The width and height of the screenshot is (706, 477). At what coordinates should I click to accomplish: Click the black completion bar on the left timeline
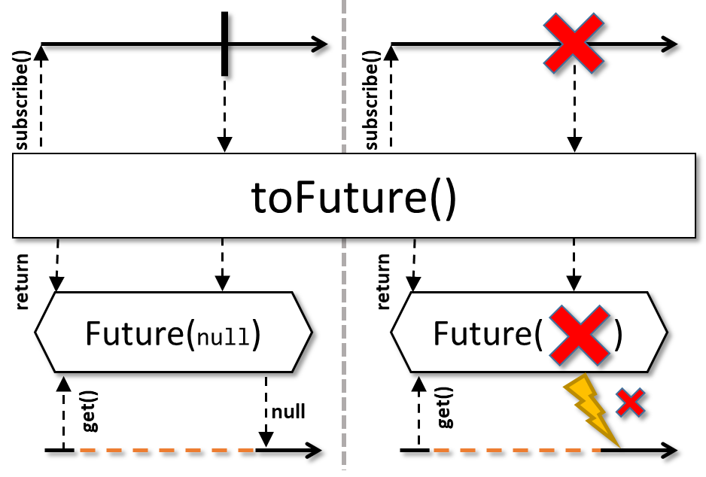tap(224, 44)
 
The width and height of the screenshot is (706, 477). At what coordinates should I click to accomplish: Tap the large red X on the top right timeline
tap(574, 44)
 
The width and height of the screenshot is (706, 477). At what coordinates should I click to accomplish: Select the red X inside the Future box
tap(578, 333)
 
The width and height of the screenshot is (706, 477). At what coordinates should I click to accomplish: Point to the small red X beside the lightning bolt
tap(630, 403)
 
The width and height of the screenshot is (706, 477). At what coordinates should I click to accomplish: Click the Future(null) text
tap(173, 333)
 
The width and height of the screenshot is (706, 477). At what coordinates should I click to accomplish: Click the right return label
tap(384, 281)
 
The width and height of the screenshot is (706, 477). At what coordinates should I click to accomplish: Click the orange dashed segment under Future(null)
tap(166, 451)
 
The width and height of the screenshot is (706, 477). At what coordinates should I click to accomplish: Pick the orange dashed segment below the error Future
tap(516, 451)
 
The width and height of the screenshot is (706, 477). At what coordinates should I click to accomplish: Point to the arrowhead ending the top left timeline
tap(319, 44)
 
